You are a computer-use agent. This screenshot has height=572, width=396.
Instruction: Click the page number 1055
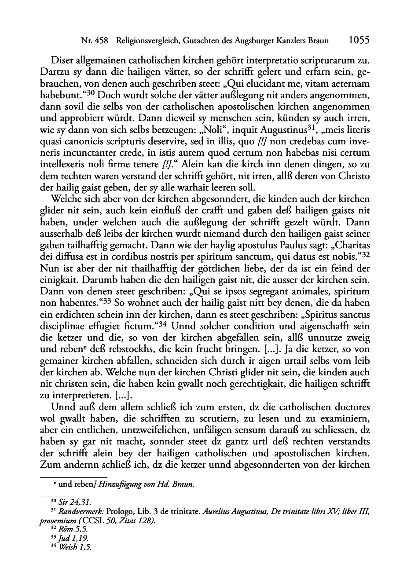[x=358, y=40]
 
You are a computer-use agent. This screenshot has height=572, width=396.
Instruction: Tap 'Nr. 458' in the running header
[x=95, y=41]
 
